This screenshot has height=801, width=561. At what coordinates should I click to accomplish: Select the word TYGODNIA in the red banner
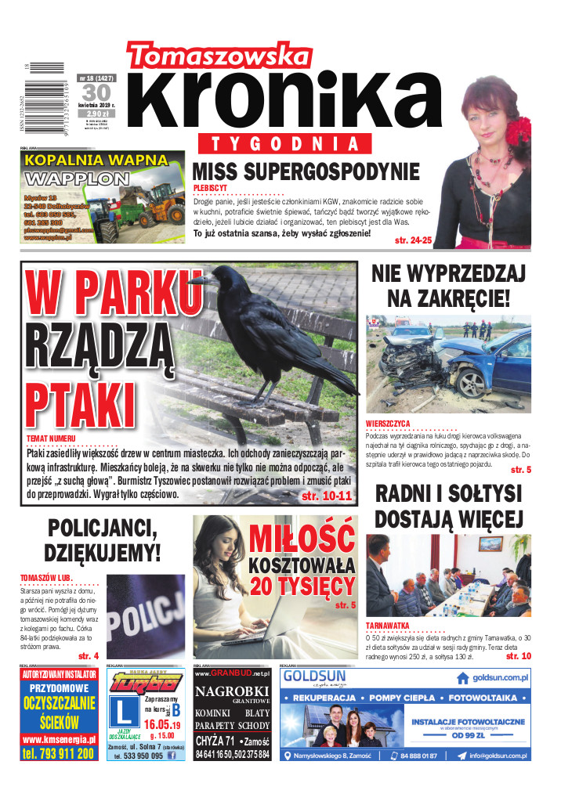(x=290, y=144)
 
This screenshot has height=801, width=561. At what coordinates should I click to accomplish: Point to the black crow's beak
(x=196, y=279)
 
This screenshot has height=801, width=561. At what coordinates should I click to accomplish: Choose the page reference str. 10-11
(x=327, y=496)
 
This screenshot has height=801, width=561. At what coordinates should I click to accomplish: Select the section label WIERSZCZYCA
(x=388, y=424)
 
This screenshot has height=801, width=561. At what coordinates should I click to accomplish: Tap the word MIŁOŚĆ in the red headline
(x=302, y=539)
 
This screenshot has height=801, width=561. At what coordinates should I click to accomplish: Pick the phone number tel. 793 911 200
(x=60, y=753)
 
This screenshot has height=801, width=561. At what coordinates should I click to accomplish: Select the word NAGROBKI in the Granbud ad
(x=232, y=691)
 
